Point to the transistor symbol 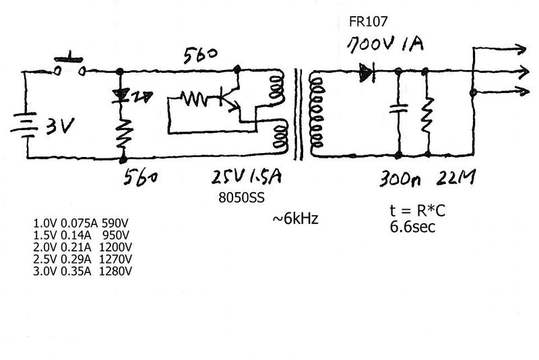point(229,98)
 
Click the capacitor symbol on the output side point(400,107)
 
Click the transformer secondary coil point(314,111)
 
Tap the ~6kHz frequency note point(295,218)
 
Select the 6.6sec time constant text point(412,227)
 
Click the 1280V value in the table point(115,272)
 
